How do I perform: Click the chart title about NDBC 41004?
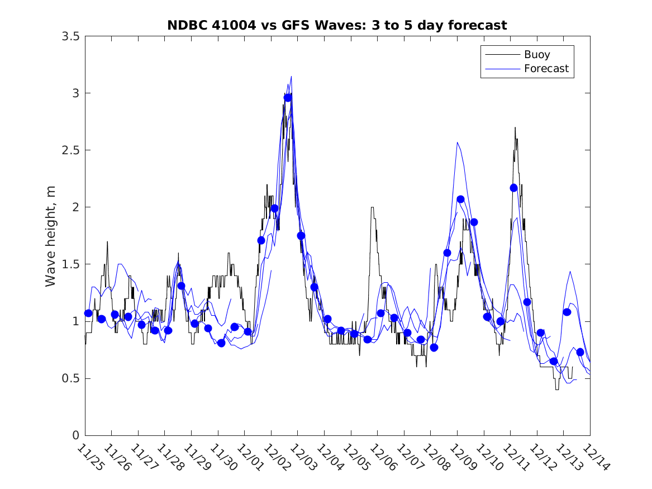pyautogui.click(x=337, y=25)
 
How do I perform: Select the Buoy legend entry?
pyautogui.click(x=537, y=55)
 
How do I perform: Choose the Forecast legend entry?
pyautogui.click(x=546, y=69)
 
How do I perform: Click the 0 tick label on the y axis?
pyautogui.click(x=75, y=435)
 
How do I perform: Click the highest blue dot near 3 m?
pyautogui.click(x=288, y=98)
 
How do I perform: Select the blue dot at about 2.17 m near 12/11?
pyautogui.click(x=513, y=188)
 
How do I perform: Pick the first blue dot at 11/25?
pyautogui.click(x=88, y=313)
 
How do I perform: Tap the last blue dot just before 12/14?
pyautogui.click(x=580, y=352)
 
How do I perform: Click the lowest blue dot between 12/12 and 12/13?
pyautogui.click(x=553, y=361)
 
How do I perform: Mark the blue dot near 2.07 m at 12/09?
pyautogui.click(x=460, y=199)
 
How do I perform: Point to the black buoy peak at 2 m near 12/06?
pyautogui.click(x=372, y=207)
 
